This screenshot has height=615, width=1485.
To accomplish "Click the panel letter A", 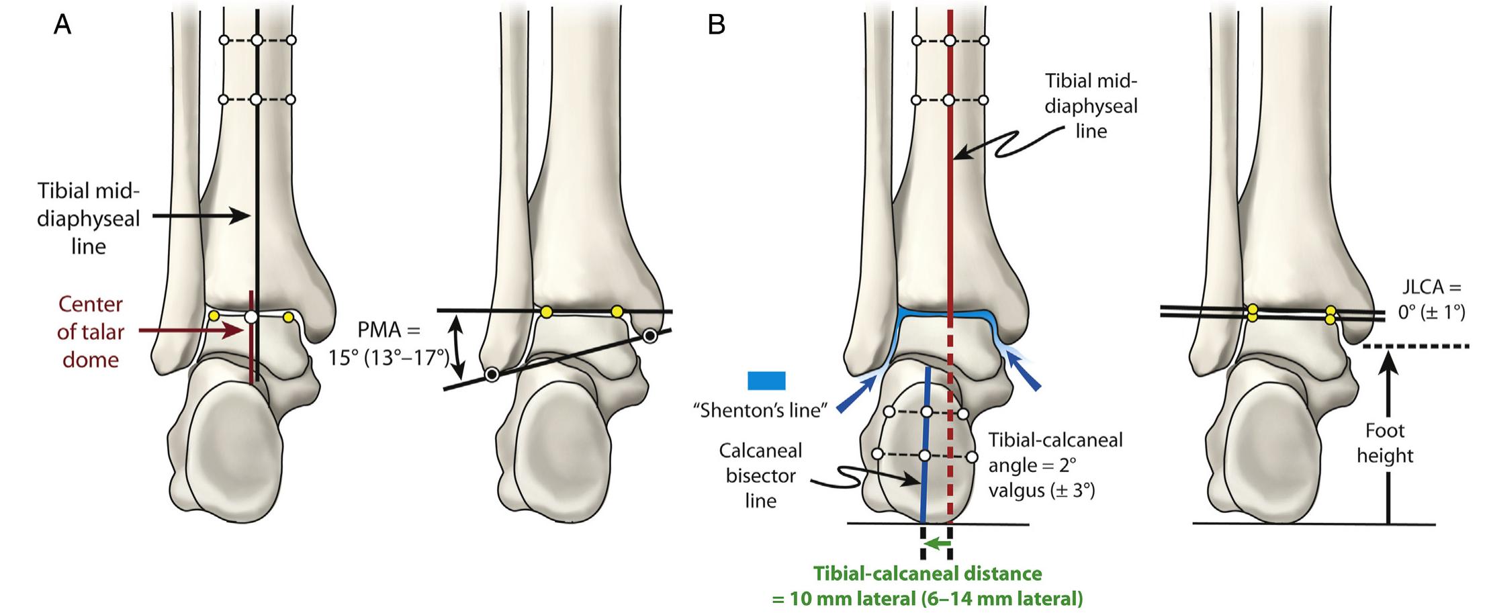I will pos(62,25).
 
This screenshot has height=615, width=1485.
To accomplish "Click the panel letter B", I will pos(716,25).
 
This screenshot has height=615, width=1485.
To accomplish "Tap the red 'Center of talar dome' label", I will pos(91,332).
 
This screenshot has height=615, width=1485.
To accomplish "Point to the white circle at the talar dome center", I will pos(251,316).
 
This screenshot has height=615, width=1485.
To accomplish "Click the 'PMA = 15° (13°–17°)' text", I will pos(389,343).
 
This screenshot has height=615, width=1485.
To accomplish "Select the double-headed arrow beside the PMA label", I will pos(457,347).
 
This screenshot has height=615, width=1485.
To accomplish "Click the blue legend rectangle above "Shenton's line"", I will pos(766,381).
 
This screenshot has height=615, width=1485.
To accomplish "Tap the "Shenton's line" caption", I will pos(760,410).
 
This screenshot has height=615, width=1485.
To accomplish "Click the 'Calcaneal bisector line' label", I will pos(760,475).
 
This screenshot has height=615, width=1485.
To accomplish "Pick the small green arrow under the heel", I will pos(936,543).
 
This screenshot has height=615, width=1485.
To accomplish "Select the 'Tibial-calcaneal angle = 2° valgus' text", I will pos(1055,465).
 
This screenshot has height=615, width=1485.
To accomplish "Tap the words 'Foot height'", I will pos(1384,443).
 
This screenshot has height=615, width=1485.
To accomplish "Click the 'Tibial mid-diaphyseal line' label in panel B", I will pos(1091,106).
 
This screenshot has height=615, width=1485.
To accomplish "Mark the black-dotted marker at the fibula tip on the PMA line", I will pos(492,374).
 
